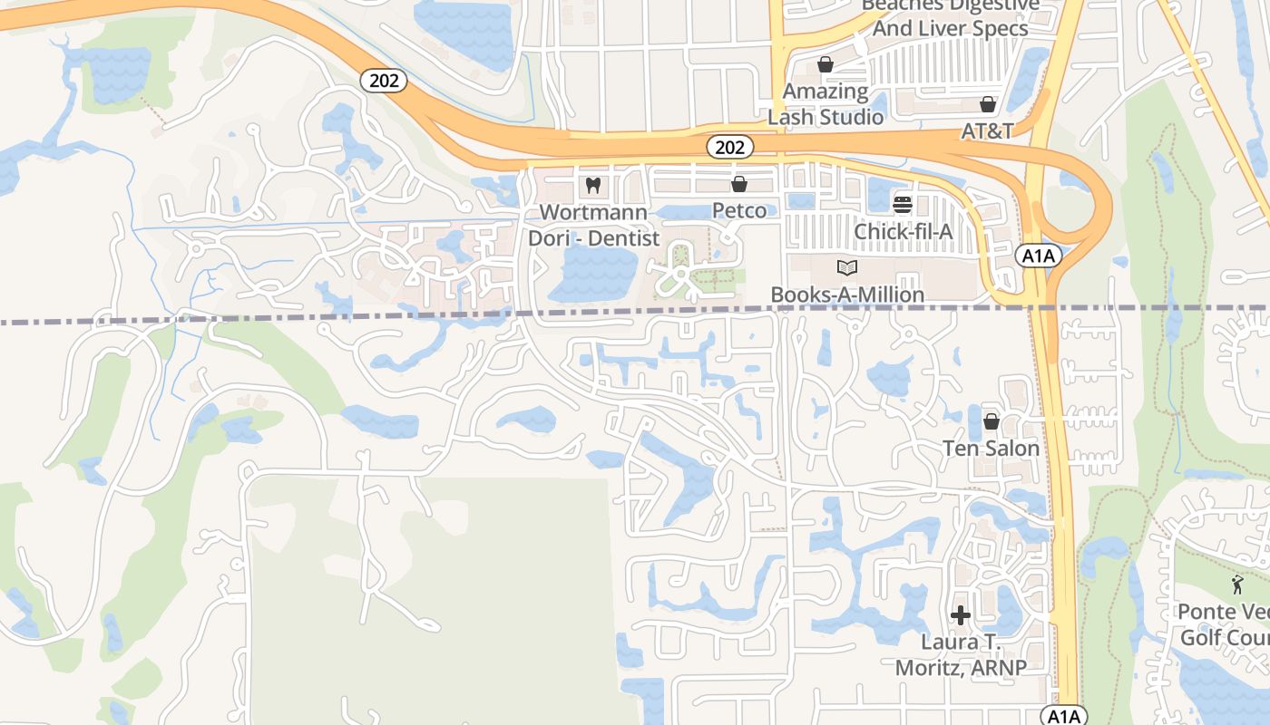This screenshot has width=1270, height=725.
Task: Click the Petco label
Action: pos(745,210)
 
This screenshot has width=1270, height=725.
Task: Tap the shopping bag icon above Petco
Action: pos(739,185)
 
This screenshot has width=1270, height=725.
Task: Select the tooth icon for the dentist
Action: pos(593,186)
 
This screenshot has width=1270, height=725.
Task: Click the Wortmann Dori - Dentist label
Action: pos(593,226)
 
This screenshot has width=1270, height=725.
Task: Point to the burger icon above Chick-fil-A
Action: pos(902,205)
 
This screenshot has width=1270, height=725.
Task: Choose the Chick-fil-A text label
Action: pos(904,232)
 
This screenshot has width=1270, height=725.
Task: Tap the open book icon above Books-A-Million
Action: pos(847,268)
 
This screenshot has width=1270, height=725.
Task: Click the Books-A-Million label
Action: pos(847,295)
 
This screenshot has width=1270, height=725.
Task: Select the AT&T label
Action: pos(987,130)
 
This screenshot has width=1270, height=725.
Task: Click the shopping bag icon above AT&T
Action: pos(988,105)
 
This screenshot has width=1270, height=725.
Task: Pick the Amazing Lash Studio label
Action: pos(825,104)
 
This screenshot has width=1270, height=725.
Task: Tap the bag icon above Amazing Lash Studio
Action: pos(825,64)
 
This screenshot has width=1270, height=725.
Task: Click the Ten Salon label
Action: pos(991,449)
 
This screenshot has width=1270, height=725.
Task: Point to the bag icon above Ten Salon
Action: pos(991,422)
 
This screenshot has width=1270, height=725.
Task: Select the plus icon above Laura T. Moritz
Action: pos(961,616)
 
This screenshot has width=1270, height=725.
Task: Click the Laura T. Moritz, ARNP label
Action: pos(961,655)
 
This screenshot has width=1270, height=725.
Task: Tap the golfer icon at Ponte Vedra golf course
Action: pos(1236,585)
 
